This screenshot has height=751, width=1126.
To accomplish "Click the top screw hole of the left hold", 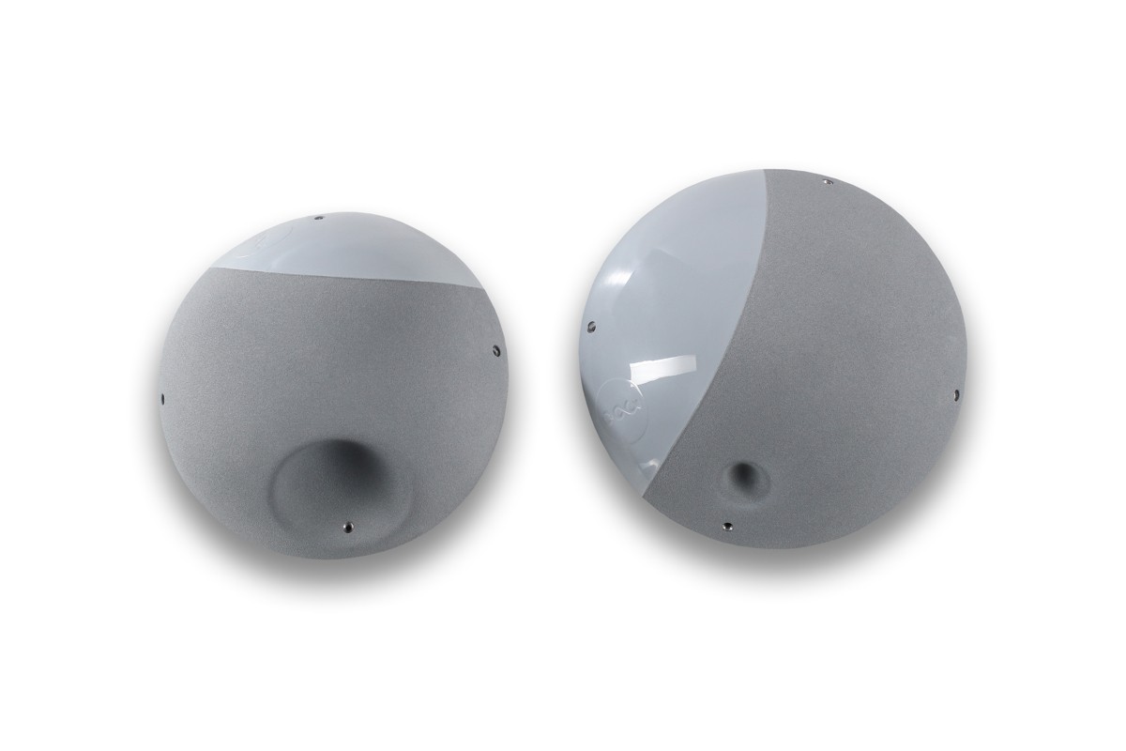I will point(319,218).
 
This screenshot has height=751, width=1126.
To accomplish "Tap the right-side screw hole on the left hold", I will point(495,352).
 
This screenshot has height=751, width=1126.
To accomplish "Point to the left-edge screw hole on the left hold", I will point(163,397).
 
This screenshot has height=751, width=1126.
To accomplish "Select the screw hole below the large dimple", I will point(348,527).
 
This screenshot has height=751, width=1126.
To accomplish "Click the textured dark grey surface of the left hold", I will point(281,375).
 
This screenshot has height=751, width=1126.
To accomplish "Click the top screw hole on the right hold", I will point(825,181).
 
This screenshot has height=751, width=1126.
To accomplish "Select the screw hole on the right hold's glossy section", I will point(590,327).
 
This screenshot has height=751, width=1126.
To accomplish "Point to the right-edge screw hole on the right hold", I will point(955,394).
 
